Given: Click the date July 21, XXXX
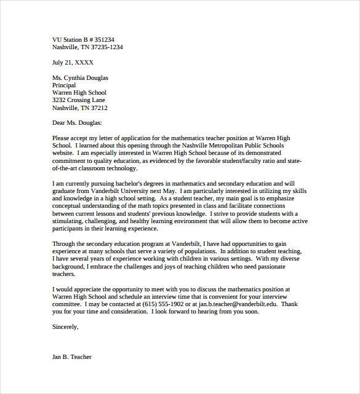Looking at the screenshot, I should [x=73, y=62].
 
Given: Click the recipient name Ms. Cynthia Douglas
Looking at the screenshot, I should [x=80, y=77].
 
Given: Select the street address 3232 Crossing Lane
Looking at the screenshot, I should [x=79, y=100].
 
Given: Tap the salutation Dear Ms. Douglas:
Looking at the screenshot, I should [x=77, y=123].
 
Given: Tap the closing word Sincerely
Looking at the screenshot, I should [x=65, y=326].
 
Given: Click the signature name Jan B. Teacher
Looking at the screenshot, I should [x=72, y=357].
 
